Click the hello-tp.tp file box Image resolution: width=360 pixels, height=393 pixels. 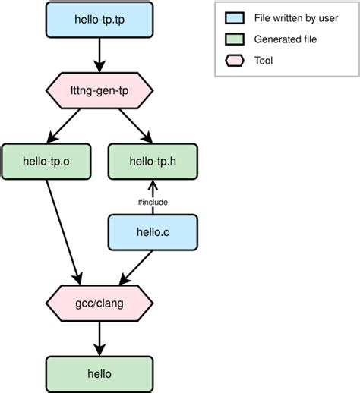coord(99,20)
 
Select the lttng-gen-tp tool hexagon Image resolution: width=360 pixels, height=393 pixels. coord(99,92)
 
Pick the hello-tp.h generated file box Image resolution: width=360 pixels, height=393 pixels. coord(153,160)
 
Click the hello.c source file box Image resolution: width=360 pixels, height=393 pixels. coord(153,231)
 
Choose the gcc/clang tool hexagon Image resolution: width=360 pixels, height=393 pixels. coord(99,303)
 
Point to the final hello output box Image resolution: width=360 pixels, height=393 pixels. coord(99,373)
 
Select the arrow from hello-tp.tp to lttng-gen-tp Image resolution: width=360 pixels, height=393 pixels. coord(99,55)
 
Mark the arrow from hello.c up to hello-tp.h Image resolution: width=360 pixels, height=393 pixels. coord(153,190)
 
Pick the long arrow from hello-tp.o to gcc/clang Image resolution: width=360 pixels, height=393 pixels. coord(64,228)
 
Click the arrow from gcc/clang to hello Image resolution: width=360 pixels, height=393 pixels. coord(99,338)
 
